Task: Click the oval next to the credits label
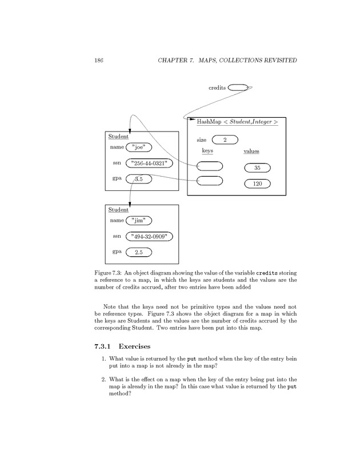click(x=238, y=87)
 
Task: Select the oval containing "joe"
click(x=138, y=148)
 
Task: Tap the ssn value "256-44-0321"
click(x=149, y=164)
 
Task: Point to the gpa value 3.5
click(x=139, y=180)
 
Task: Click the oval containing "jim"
click(x=138, y=220)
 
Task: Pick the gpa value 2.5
click(x=139, y=252)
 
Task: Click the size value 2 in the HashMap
click(x=225, y=140)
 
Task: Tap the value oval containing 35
click(x=257, y=168)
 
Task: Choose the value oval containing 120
click(x=257, y=184)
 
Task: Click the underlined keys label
click(x=207, y=151)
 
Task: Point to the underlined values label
click(x=251, y=152)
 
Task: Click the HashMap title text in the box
click(x=237, y=122)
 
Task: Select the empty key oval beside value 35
click(x=209, y=166)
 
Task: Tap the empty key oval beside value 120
click(x=209, y=181)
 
